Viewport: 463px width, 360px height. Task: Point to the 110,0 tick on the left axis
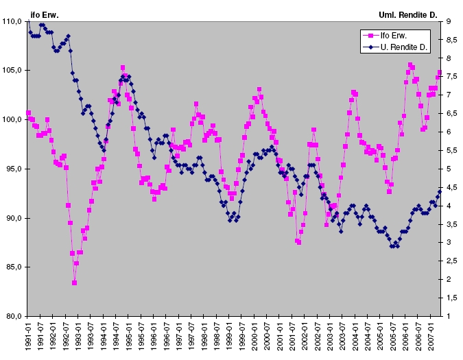[x=13, y=22]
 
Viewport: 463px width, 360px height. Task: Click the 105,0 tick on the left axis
[x=13, y=71]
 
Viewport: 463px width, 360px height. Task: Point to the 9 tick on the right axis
[x=449, y=22]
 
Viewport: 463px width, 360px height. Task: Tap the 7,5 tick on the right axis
[x=451, y=77]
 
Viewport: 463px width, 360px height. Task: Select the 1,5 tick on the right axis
[x=451, y=298]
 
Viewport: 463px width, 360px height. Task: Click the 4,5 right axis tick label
[x=451, y=187]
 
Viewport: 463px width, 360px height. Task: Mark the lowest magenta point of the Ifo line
[x=74, y=283]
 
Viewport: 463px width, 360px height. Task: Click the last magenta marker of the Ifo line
[x=440, y=72]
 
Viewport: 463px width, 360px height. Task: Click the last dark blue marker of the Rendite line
[x=440, y=191]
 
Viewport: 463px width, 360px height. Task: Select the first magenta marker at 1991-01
[x=29, y=112]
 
